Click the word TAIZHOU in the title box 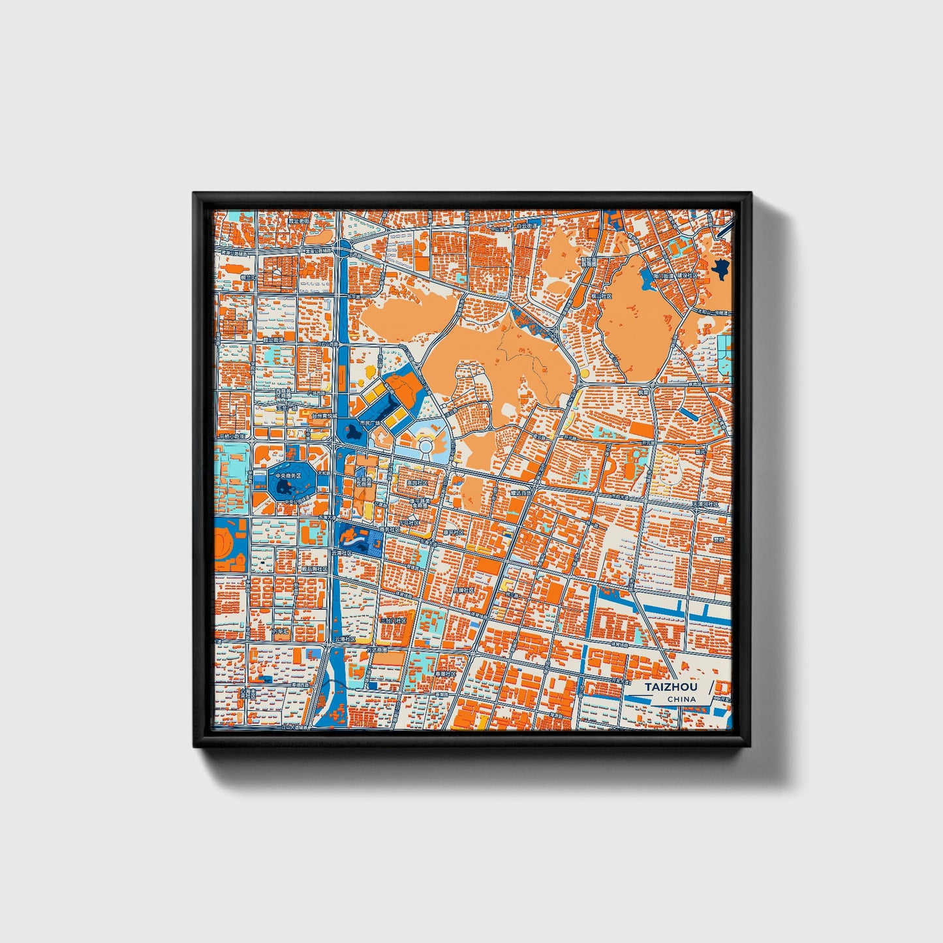tap(671, 687)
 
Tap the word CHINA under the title tap(681, 699)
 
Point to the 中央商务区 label tap(288, 476)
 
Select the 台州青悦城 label tap(324, 415)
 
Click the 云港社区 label tap(345, 640)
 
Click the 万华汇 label tap(281, 632)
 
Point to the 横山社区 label tap(602, 296)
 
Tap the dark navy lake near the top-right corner tap(720, 268)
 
